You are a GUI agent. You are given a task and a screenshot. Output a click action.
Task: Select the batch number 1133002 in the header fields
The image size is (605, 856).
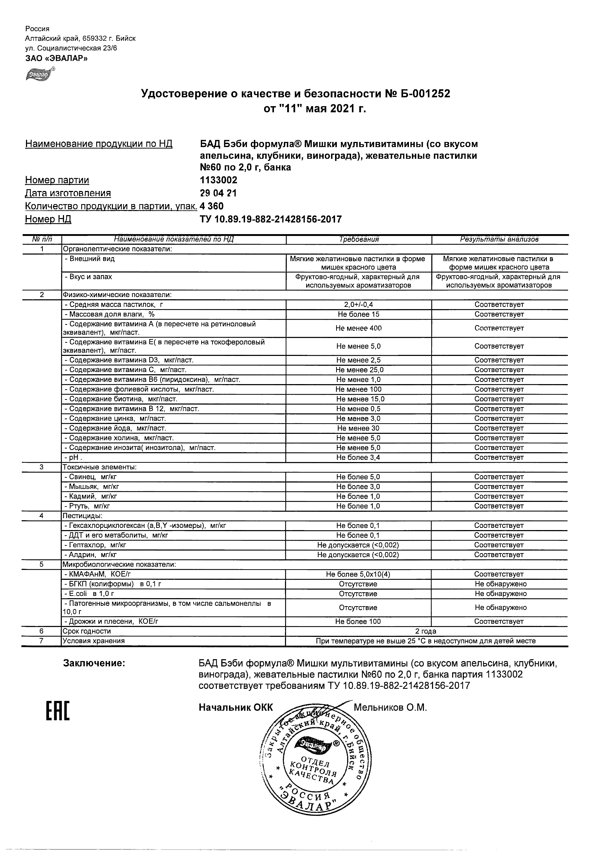coord(218,180)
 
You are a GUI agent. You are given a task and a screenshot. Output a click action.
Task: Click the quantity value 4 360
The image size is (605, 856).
coord(212,206)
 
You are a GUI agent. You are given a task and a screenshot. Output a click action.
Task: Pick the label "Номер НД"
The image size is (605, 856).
coord(48,219)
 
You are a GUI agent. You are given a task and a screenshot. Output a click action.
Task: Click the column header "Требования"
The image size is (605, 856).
coord(358,239)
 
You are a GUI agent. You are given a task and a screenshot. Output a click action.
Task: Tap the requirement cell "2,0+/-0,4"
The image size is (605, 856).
coord(358,305)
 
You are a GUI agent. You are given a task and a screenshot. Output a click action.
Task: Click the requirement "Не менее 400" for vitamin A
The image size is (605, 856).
coord(358,328)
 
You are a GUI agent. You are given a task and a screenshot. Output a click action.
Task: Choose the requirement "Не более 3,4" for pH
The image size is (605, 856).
coord(358,458)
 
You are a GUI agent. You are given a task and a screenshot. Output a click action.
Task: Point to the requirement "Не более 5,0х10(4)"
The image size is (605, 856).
coord(358,574)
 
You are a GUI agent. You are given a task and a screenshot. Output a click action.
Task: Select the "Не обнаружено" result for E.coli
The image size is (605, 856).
coord(500,594)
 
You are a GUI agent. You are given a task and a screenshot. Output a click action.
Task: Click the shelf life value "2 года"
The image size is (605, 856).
coord(426,631)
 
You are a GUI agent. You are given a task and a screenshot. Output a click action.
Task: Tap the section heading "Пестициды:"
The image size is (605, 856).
coord(82,516)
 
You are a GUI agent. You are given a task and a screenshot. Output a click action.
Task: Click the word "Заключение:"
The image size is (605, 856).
coord(94,663)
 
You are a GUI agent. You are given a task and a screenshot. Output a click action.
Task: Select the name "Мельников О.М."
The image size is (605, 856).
coord(390,707)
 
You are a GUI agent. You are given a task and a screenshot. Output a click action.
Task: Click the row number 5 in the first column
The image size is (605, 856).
coord(42,564)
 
